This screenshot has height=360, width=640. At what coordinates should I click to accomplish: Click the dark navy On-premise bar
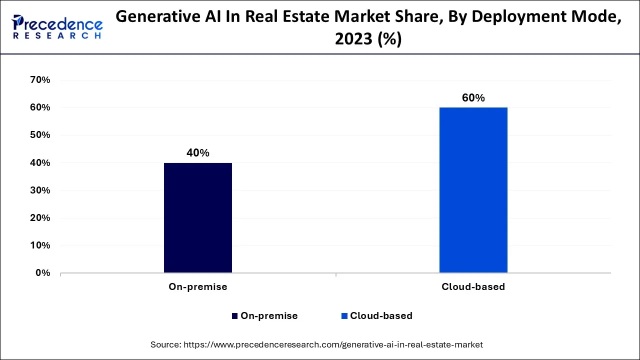(x=197, y=217)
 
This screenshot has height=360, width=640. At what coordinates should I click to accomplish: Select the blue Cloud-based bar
(x=473, y=190)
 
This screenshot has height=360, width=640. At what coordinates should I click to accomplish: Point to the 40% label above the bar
(x=197, y=153)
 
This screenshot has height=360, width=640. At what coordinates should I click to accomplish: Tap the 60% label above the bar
(x=473, y=98)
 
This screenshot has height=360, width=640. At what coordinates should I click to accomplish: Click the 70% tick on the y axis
(x=40, y=80)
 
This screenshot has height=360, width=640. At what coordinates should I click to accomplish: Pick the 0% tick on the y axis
(x=42, y=273)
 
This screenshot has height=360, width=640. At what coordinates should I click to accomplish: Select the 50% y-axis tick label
(x=40, y=135)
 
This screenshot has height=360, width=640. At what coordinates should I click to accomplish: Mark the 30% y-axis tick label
(x=40, y=190)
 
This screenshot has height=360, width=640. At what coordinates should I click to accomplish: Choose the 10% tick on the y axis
(x=40, y=245)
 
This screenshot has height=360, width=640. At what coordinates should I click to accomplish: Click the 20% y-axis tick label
(x=40, y=218)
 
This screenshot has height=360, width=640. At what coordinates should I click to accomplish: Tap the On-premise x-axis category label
(x=197, y=287)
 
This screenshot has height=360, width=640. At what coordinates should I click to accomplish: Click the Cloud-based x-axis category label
(x=473, y=287)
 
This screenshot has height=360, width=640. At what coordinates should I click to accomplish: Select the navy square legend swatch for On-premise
(x=234, y=316)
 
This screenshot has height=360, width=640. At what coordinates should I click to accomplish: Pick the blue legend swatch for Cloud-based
(x=344, y=316)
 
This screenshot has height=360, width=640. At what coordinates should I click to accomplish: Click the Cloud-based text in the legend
(x=381, y=316)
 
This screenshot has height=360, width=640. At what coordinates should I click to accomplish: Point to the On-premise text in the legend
(x=269, y=316)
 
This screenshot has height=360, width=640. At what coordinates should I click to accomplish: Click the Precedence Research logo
(x=57, y=27)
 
